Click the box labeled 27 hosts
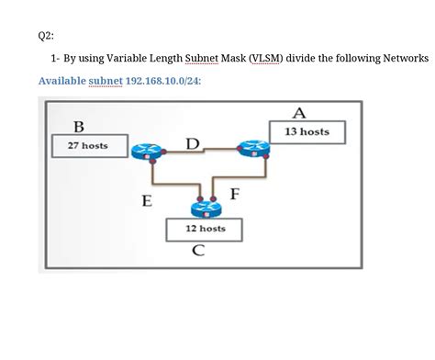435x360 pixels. (x=88, y=145)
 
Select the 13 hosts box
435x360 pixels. (x=307, y=132)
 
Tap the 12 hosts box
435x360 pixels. (x=205, y=228)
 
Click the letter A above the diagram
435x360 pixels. (x=299, y=113)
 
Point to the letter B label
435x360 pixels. (x=79, y=126)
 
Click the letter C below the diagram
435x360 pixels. (x=198, y=251)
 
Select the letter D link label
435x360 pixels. (x=191, y=143)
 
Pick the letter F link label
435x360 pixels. (x=235, y=195)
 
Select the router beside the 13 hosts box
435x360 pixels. (x=251, y=149)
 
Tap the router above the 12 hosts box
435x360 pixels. (x=203, y=205)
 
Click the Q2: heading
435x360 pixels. (x=46, y=36)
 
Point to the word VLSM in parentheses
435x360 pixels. (x=265, y=58)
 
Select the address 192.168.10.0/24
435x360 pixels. (x=161, y=82)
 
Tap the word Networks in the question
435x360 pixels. (x=402, y=58)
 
